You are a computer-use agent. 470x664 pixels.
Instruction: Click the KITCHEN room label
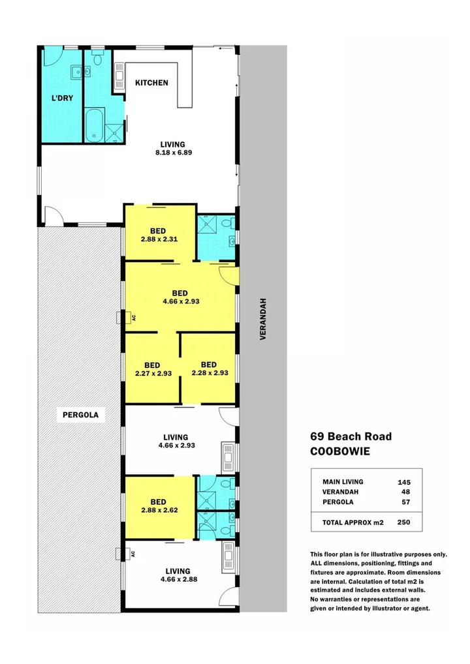point(151,83)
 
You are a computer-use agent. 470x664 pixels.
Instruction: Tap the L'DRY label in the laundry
point(62,99)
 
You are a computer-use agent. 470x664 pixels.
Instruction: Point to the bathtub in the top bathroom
point(95,125)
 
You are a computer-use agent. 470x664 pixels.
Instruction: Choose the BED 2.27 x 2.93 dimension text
point(152,373)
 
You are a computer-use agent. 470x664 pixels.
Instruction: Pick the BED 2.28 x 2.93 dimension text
point(209,373)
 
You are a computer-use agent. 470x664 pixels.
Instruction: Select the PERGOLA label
point(81,415)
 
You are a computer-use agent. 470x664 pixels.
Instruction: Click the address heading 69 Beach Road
point(351,436)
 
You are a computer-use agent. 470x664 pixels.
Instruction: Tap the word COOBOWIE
point(339,451)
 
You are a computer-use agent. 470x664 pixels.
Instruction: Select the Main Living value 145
point(403,481)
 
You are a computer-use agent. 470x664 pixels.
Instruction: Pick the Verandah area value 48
point(405,492)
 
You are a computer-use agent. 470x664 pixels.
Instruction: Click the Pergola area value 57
point(405,502)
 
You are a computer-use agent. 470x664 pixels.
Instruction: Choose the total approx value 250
point(403,522)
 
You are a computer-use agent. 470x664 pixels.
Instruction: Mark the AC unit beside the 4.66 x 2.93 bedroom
point(119,318)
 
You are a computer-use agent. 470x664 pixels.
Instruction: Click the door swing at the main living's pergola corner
point(52,216)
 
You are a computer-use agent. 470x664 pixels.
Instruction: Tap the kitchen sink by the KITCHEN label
point(119,77)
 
